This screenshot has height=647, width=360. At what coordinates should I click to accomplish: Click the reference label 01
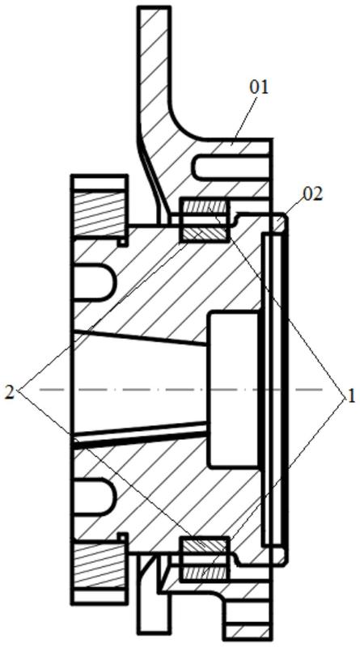point(258,88)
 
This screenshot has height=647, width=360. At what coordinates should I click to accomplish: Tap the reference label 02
point(313,194)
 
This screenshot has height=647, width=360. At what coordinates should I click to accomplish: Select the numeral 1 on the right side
point(351,397)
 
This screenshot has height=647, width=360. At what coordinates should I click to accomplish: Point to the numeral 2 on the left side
point(9,392)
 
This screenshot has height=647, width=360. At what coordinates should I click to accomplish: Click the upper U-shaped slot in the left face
point(94,281)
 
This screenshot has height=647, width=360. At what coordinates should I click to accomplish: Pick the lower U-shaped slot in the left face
point(94,497)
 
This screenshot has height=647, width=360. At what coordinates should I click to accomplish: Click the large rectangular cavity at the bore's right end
point(235,390)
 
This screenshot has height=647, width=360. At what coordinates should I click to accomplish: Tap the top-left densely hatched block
point(99,214)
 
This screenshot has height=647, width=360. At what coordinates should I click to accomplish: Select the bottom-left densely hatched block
point(99,565)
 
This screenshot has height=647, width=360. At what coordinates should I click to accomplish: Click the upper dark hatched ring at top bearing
point(205,205)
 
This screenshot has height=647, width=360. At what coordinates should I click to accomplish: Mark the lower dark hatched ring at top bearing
point(205,234)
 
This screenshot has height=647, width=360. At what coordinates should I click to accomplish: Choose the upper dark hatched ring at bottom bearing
point(205,545)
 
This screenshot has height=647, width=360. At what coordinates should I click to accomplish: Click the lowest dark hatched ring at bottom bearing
point(205,573)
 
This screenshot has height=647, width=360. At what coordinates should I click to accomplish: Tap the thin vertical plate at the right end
point(273,389)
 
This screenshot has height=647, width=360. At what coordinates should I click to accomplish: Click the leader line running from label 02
point(293,209)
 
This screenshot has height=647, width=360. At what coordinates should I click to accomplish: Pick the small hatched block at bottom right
point(248,632)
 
